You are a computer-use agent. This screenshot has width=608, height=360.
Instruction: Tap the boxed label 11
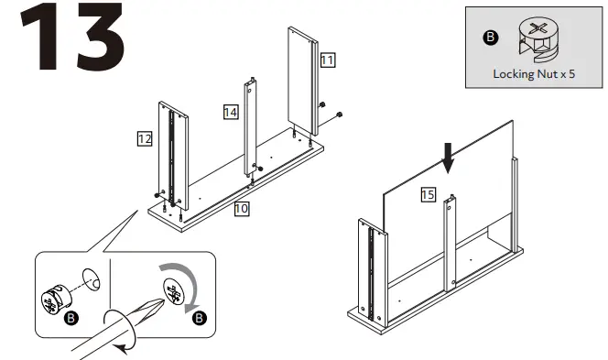click(327, 60)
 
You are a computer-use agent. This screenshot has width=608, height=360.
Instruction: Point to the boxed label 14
click(231, 111)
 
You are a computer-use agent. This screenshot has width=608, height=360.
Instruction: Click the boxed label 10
click(241, 208)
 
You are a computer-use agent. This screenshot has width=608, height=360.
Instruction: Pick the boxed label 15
click(428, 194)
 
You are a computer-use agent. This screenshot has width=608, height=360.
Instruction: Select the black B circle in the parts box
click(491, 38)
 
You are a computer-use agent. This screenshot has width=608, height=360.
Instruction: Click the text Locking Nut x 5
click(534, 74)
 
